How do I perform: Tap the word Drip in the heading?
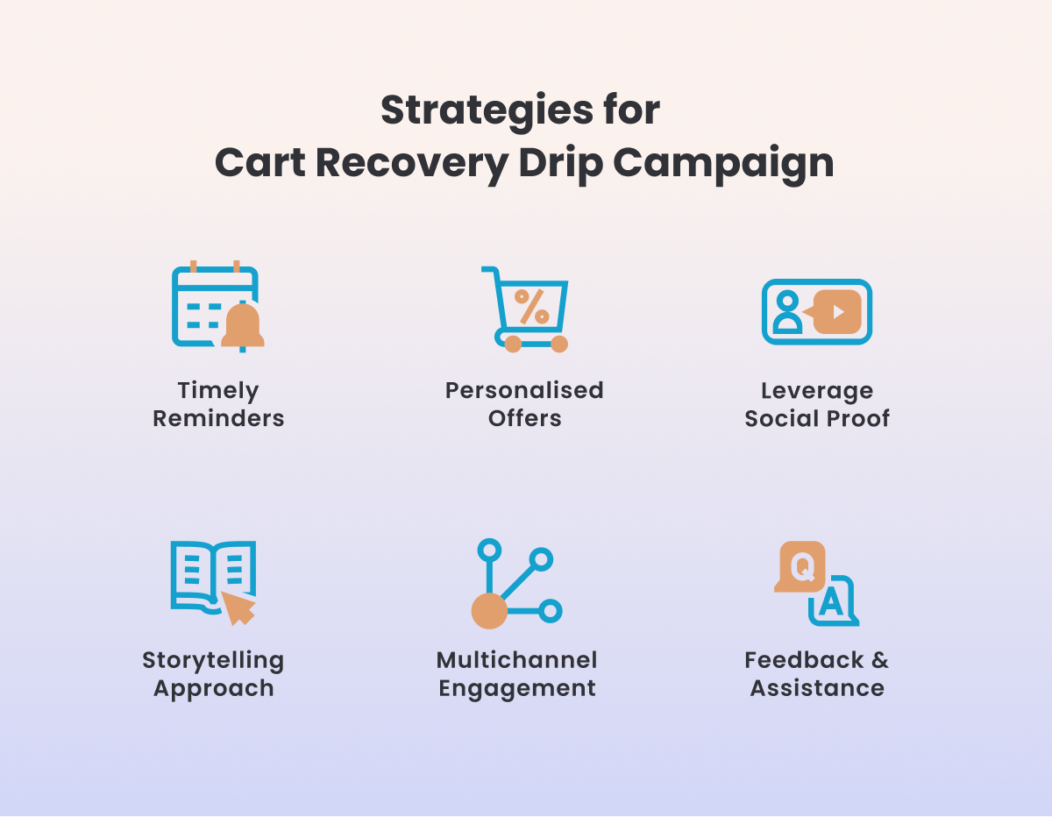click(x=560, y=164)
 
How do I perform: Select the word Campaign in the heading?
click(x=723, y=164)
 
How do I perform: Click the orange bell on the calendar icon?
click(x=243, y=325)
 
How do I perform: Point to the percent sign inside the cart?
click(x=531, y=307)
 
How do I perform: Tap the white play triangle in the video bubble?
click(x=838, y=312)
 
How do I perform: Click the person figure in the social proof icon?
click(x=787, y=312)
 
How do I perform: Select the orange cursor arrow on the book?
click(x=238, y=607)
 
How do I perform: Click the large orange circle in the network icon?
click(x=489, y=611)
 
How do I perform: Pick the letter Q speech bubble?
click(x=800, y=566)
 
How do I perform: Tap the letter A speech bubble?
click(x=833, y=601)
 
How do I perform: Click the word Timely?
click(x=218, y=391)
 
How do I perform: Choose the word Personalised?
click(x=524, y=390)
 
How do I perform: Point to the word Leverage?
click(x=817, y=391)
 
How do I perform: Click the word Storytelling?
click(x=213, y=661)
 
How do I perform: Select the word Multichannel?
click(x=516, y=660)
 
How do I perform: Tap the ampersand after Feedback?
click(x=880, y=661)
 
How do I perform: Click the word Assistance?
click(x=817, y=688)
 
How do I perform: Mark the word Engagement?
click(x=517, y=689)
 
